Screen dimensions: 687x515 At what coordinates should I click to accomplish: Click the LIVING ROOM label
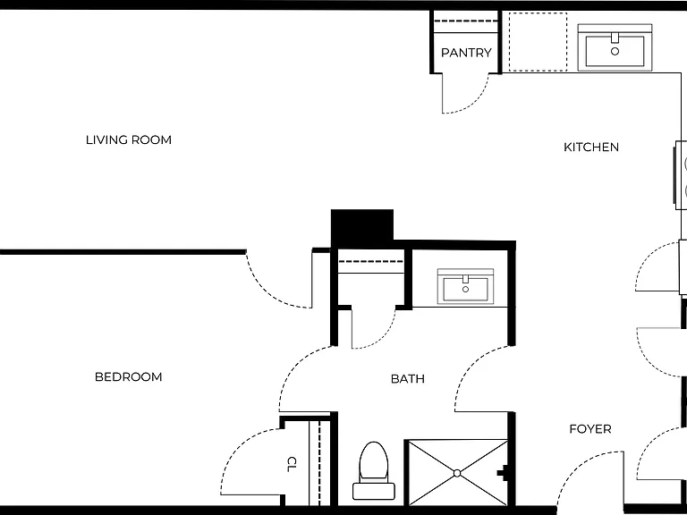pyautogui.click(x=129, y=140)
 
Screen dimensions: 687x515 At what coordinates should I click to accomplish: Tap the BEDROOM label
pyautogui.click(x=129, y=377)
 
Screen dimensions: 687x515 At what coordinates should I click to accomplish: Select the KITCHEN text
pyautogui.click(x=591, y=148)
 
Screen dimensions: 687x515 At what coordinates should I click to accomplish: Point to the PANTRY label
pyautogui.click(x=466, y=53)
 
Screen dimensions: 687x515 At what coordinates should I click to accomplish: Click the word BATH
pyautogui.click(x=408, y=379)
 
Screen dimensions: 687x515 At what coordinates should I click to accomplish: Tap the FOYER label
pyautogui.click(x=590, y=429)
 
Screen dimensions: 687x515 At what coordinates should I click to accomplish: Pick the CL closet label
pyautogui.click(x=292, y=464)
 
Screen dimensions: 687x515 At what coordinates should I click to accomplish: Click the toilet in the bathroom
pyautogui.click(x=374, y=470)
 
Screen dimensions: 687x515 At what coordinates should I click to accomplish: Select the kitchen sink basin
pyautogui.click(x=615, y=51)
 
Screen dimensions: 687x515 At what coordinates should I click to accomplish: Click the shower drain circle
pyautogui.click(x=457, y=473)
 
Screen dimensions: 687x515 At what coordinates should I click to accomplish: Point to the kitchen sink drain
pyautogui.click(x=615, y=51)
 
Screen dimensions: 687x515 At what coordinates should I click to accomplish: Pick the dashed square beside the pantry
pyautogui.click(x=538, y=42)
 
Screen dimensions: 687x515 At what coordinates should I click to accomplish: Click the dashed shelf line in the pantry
pyautogui.click(x=466, y=21)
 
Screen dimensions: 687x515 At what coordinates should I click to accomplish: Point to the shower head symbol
pyautogui.click(x=503, y=473)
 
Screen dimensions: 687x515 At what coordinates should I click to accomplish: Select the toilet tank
pyautogui.click(x=374, y=492)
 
